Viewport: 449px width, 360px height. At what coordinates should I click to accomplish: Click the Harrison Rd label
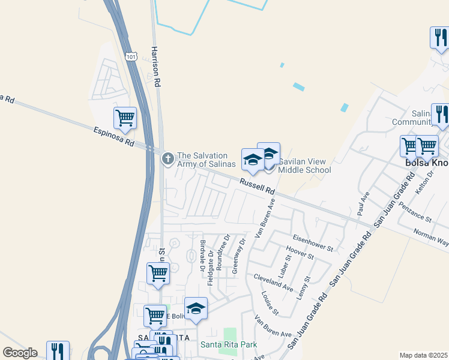pos(157,66)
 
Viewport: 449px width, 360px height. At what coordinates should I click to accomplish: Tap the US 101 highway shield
pos(131,56)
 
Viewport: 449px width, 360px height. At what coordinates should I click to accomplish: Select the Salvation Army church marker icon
pos(168,159)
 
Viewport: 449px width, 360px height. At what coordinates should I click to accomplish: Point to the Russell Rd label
pos(256,187)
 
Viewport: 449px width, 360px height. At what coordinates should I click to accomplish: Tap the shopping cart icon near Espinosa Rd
pos(125,118)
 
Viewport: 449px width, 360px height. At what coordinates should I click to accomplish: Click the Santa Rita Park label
pos(229,344)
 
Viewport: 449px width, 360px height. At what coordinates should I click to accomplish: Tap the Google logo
pos(20,353)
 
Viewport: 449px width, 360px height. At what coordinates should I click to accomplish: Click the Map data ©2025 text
pos(423,355)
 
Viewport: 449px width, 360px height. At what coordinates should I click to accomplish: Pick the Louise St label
pos(270,304)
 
